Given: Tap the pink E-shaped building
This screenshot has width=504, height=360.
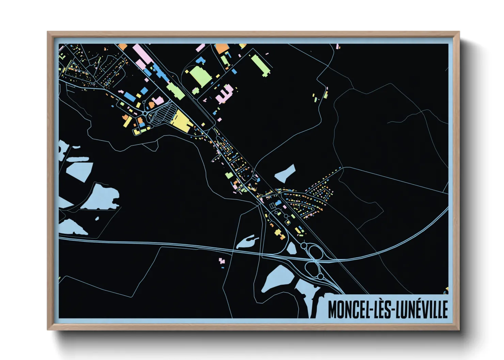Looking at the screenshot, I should (224, 93).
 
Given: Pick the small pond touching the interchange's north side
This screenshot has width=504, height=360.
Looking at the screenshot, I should (292, 248).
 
